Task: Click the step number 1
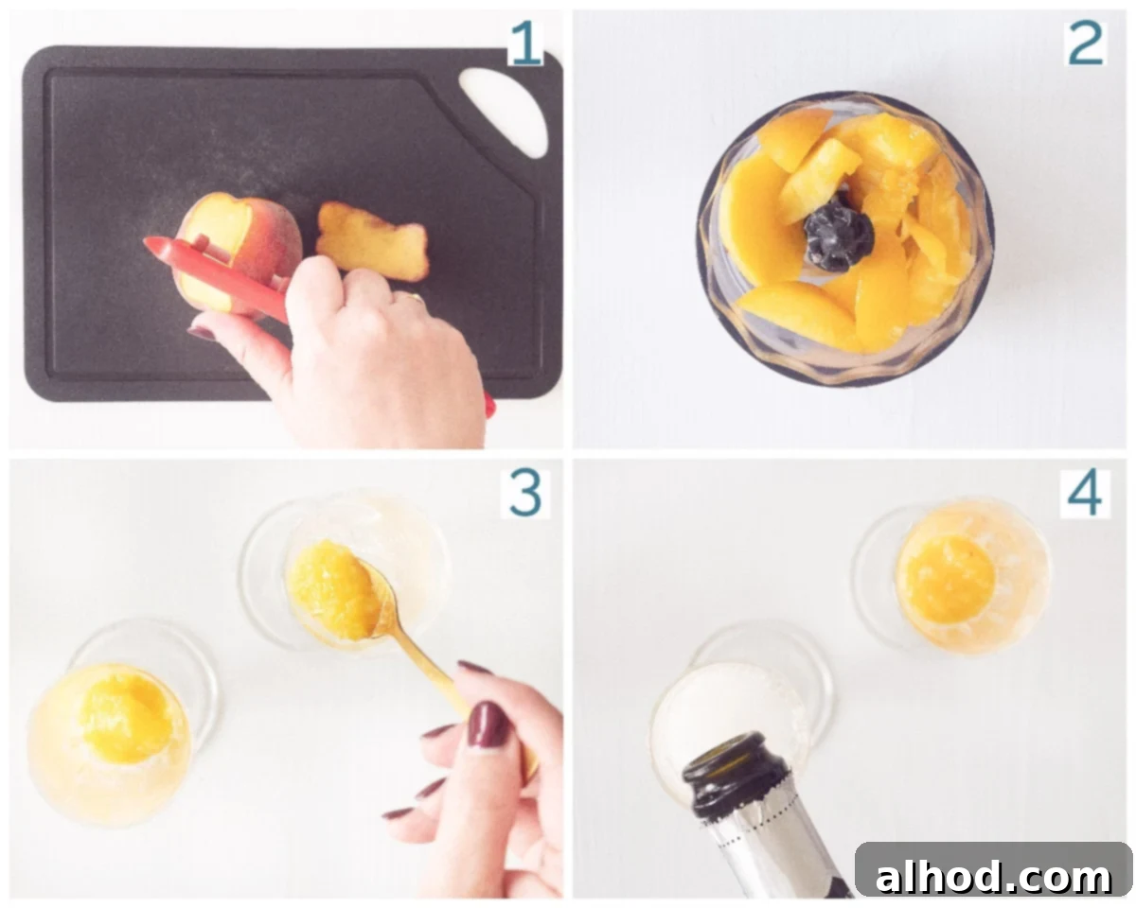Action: tap(525, 43)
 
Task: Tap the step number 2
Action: tap(1084, 43)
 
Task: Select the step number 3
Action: tap(524, 493)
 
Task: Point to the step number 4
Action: tap(1084, 493)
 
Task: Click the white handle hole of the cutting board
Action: tap(505, 112)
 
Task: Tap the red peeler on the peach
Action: tap(217, 277)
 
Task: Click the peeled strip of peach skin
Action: tap(372, 240)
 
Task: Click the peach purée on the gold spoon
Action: tap(333, 590)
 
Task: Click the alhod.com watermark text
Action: tap(993, 877)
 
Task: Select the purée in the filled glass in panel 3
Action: tap(126, 718)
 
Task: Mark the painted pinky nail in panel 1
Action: tap(201, 333)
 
